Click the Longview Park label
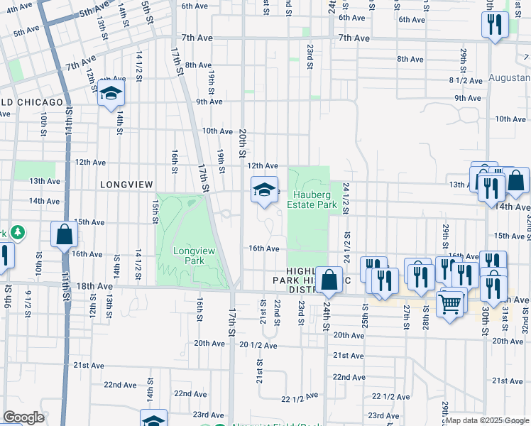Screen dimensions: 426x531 (189, 256)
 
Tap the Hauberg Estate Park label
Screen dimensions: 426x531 (311, 200)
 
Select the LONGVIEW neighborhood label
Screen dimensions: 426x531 (126, 185)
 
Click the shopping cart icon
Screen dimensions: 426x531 (450, 305)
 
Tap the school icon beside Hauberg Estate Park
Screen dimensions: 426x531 (264, 190)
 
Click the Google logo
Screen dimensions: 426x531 (23, 417)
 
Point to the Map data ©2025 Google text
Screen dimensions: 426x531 (488, 420)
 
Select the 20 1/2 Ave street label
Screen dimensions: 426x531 (257, 344)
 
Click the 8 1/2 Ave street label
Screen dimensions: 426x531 (466, 80)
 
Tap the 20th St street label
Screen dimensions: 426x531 (242, 143)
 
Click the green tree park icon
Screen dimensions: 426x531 (16, 232)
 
